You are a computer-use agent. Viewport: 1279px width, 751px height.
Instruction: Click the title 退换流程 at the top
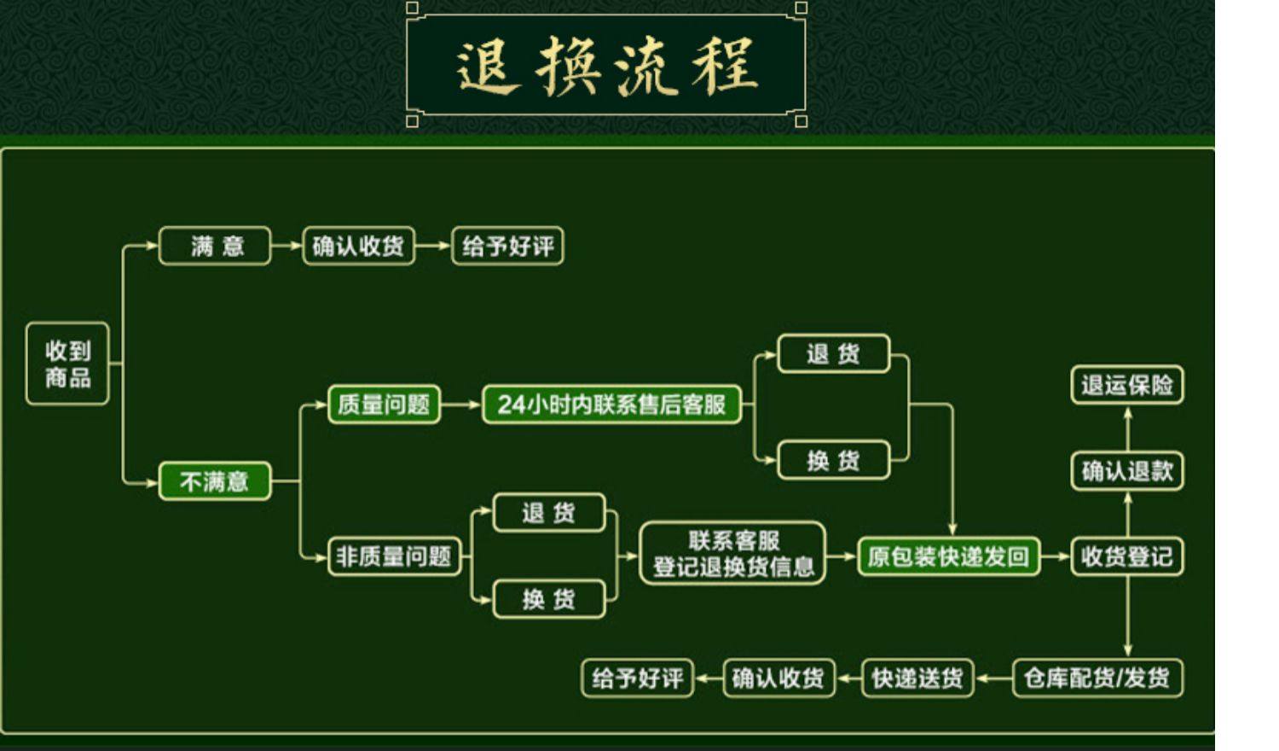point(605,66)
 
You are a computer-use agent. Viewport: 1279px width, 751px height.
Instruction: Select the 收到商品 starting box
point(67,364)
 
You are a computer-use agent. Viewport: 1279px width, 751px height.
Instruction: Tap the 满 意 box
point(215,247)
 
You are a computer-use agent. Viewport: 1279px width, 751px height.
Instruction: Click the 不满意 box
point(215,482)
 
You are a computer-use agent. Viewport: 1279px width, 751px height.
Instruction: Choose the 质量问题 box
point(384,405)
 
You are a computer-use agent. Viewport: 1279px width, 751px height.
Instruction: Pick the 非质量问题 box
point(394,557)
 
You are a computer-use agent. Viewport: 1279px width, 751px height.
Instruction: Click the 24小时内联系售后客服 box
point(611,405)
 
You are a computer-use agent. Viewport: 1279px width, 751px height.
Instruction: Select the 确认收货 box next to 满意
point(358,247)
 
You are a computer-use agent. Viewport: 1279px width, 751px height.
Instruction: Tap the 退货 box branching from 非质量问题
point(549,513)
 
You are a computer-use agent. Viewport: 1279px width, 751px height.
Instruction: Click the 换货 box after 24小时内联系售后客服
point(833,461)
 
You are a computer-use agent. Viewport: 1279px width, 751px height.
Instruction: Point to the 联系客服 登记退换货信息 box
point(732,554)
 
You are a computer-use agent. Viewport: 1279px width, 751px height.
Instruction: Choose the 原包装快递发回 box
point(948,557)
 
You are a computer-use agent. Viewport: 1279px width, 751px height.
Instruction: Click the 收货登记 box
point(1126,557)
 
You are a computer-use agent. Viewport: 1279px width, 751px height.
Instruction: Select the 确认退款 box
point(1126,471)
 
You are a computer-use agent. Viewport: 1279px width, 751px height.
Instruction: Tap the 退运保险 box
point(1126,386)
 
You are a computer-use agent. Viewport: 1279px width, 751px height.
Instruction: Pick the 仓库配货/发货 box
point(1097,678)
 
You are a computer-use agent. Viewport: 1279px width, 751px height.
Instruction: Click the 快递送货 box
point(917,678)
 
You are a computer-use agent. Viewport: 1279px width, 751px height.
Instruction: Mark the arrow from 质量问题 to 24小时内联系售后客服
point(461,405)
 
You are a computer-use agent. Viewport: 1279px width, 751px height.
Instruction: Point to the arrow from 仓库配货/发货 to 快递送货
point(993,678)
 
